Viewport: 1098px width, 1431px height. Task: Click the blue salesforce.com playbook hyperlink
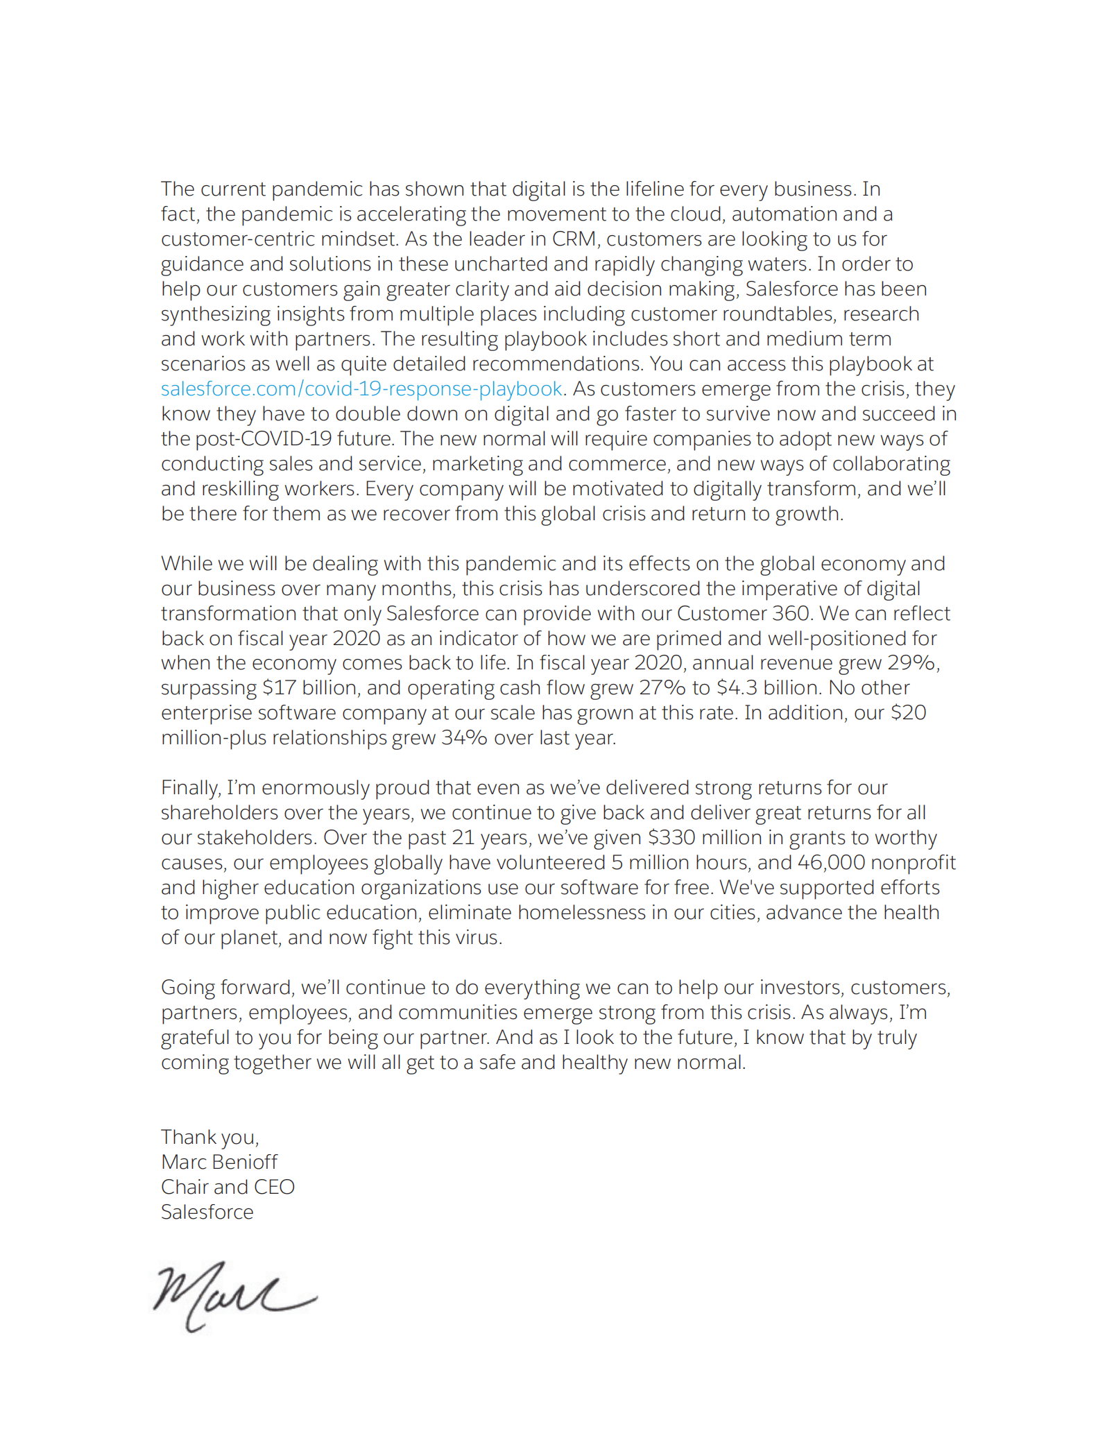361,389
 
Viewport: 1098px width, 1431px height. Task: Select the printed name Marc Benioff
218,1162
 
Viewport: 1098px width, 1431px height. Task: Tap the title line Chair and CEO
228,1187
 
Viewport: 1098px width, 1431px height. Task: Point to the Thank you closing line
209,1137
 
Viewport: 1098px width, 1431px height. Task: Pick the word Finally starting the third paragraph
191,788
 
